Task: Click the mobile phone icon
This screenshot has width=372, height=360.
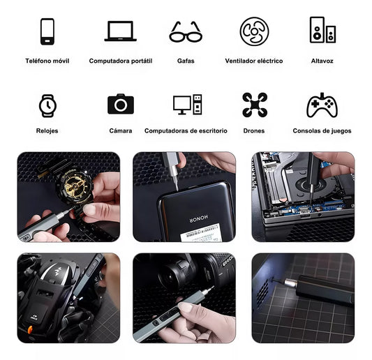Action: pos(47,31)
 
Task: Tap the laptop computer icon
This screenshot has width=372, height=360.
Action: pos(120,31)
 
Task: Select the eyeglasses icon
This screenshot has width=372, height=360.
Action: pos(186,31)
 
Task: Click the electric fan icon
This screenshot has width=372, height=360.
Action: pos(254,31)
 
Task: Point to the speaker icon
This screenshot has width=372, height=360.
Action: pos(322,30)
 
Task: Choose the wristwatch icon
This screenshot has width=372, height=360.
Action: pos(47,105)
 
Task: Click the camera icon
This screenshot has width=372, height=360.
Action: pos(120,105)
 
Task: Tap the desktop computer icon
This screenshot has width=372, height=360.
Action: pos(186,105)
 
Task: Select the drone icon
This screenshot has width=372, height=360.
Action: pos(254,105)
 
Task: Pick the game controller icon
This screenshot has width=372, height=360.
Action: pos(322,105)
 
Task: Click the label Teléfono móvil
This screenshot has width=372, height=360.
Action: pos(47,61)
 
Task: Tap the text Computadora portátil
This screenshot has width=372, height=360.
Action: pos(120,61)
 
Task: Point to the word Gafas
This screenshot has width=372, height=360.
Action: pos(186,61)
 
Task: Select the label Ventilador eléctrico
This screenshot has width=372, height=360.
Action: pos(254,61)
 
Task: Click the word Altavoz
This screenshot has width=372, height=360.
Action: pos(322,61)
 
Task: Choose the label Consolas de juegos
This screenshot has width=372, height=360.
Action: pos(322,130)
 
